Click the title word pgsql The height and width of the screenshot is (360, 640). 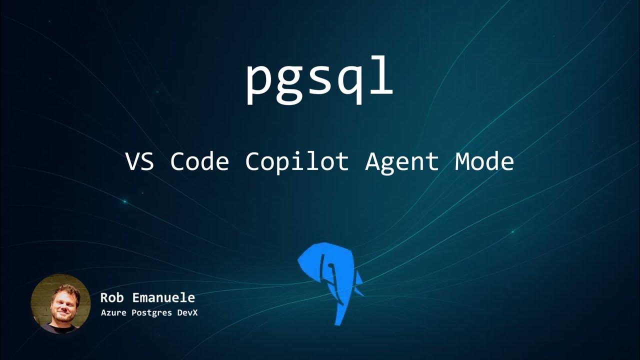[x=319, y=80]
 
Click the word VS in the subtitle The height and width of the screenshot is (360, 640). [x=139, y=162]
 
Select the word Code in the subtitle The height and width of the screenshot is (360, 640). [x=199, y=162]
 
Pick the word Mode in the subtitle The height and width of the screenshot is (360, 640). [x=484, y=162]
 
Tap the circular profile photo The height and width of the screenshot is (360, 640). [x=60, y=303]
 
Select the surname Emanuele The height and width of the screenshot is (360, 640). [x=163, y=298]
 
